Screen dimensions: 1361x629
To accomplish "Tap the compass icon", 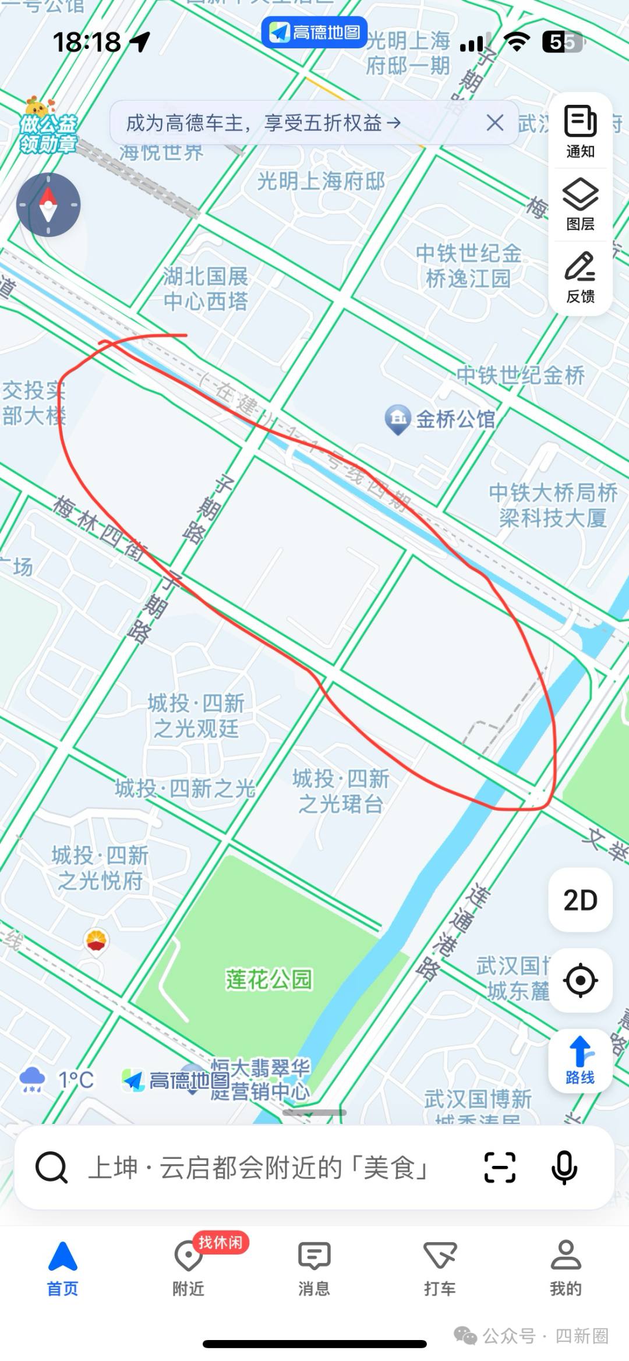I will coord(48,205).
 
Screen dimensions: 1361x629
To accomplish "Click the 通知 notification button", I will coord(580,132).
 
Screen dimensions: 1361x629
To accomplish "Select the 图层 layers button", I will coord(580,204).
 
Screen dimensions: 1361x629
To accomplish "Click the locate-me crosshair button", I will coord(580,980).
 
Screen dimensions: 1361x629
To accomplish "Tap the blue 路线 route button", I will coord(580,1060).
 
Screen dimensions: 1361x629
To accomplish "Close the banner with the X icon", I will coord(494,123).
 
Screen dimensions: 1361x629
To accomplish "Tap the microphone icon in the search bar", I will coord(564,1168).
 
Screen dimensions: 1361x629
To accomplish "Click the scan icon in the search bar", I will coord(500,1168).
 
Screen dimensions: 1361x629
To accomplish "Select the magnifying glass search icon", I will coord(51,1168).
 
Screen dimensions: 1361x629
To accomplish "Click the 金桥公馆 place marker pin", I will coord(398,419).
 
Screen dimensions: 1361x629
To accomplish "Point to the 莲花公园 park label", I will coord(269,979).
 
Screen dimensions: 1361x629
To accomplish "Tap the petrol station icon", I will coord(96,940).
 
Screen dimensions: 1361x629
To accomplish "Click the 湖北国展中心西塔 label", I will coord(206,289).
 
